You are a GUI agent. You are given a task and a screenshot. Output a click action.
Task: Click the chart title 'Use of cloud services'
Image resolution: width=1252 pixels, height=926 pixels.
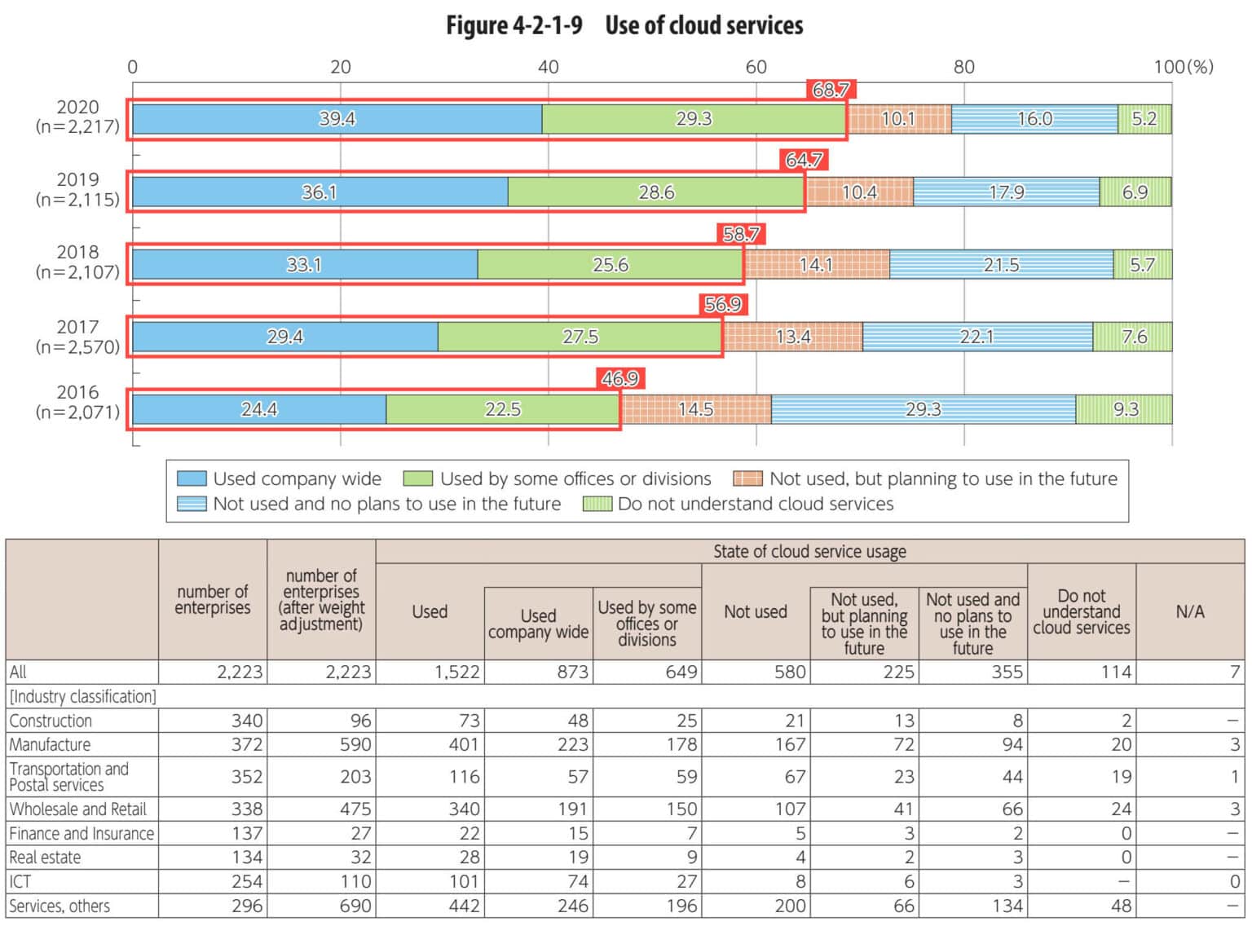click(x=703, y=25)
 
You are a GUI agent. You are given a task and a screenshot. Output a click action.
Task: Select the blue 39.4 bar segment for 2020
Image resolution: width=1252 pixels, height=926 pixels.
click(x=337, y=119)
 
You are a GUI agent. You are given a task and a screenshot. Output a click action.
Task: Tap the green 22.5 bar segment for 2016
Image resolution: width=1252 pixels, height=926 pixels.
click(x=502, y=409)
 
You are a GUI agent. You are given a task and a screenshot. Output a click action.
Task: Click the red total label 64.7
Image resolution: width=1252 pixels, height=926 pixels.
click(x=804, y=160)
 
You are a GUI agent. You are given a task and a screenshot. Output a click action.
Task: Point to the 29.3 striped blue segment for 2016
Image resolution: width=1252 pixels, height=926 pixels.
click(x=923, y=409)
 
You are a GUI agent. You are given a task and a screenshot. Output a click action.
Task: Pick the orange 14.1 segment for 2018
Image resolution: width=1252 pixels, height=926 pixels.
click(x=816, y=265)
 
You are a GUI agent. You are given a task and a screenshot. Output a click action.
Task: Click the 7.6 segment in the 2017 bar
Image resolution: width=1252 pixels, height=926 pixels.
click(x=1133, y=337)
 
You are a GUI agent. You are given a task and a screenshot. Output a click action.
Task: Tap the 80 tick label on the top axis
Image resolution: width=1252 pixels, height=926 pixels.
click(x=963, y=67)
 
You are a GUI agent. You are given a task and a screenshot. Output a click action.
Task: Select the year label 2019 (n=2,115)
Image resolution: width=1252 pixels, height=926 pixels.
click(x=78, y=189)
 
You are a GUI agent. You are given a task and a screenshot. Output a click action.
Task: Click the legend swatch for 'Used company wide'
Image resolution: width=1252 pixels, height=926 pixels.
click(x=192, y=478)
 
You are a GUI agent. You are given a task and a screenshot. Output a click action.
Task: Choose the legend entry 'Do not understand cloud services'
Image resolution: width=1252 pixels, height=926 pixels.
click(x=755, y=504)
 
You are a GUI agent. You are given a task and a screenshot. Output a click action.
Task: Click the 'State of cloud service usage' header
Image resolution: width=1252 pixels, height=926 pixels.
click(x=809, y=552)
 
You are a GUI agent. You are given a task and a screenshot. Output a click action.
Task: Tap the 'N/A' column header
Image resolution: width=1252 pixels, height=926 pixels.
click(x=1189, y=611)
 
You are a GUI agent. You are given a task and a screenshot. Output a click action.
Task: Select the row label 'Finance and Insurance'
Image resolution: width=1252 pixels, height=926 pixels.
click(x=82, y=833)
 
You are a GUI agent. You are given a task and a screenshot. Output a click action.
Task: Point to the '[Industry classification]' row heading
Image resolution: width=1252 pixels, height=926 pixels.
click(x=82, y=696)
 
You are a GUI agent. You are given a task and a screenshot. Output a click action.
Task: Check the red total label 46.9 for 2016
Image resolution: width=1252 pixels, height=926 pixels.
click(x=620, y=378)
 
